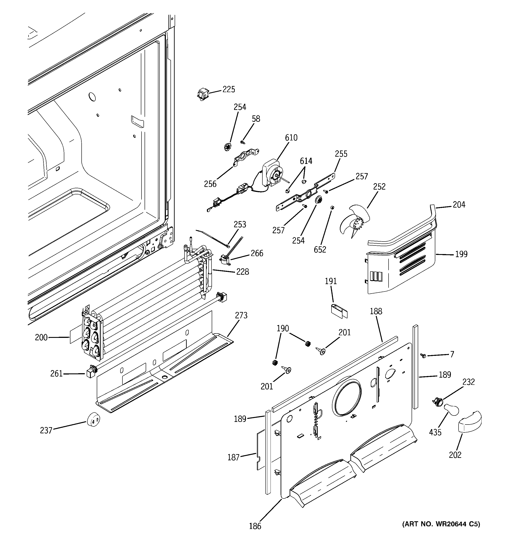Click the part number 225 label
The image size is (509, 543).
pyautogui.click(x=228, y=90)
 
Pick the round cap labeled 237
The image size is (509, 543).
pyautogui.click(x=93, y=419)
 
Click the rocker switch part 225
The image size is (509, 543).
pyautogui.click(x=203, y=95)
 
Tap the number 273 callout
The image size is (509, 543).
pyautogui.click(x=241, y=315)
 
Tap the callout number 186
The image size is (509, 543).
pyautogui.click(x=255, y=526)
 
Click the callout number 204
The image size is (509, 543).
pyautogui.click(x=459, y=204)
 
